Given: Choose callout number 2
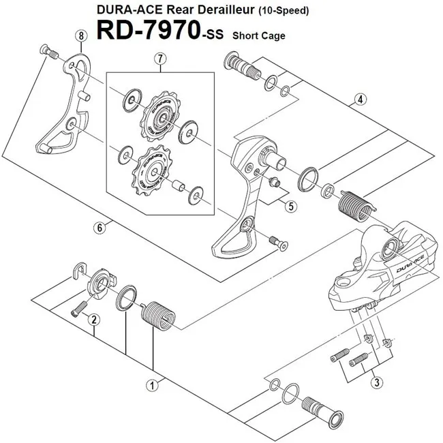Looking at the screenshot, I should click(x=94, y=319).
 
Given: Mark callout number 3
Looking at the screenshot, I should click(x=376, y=382).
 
